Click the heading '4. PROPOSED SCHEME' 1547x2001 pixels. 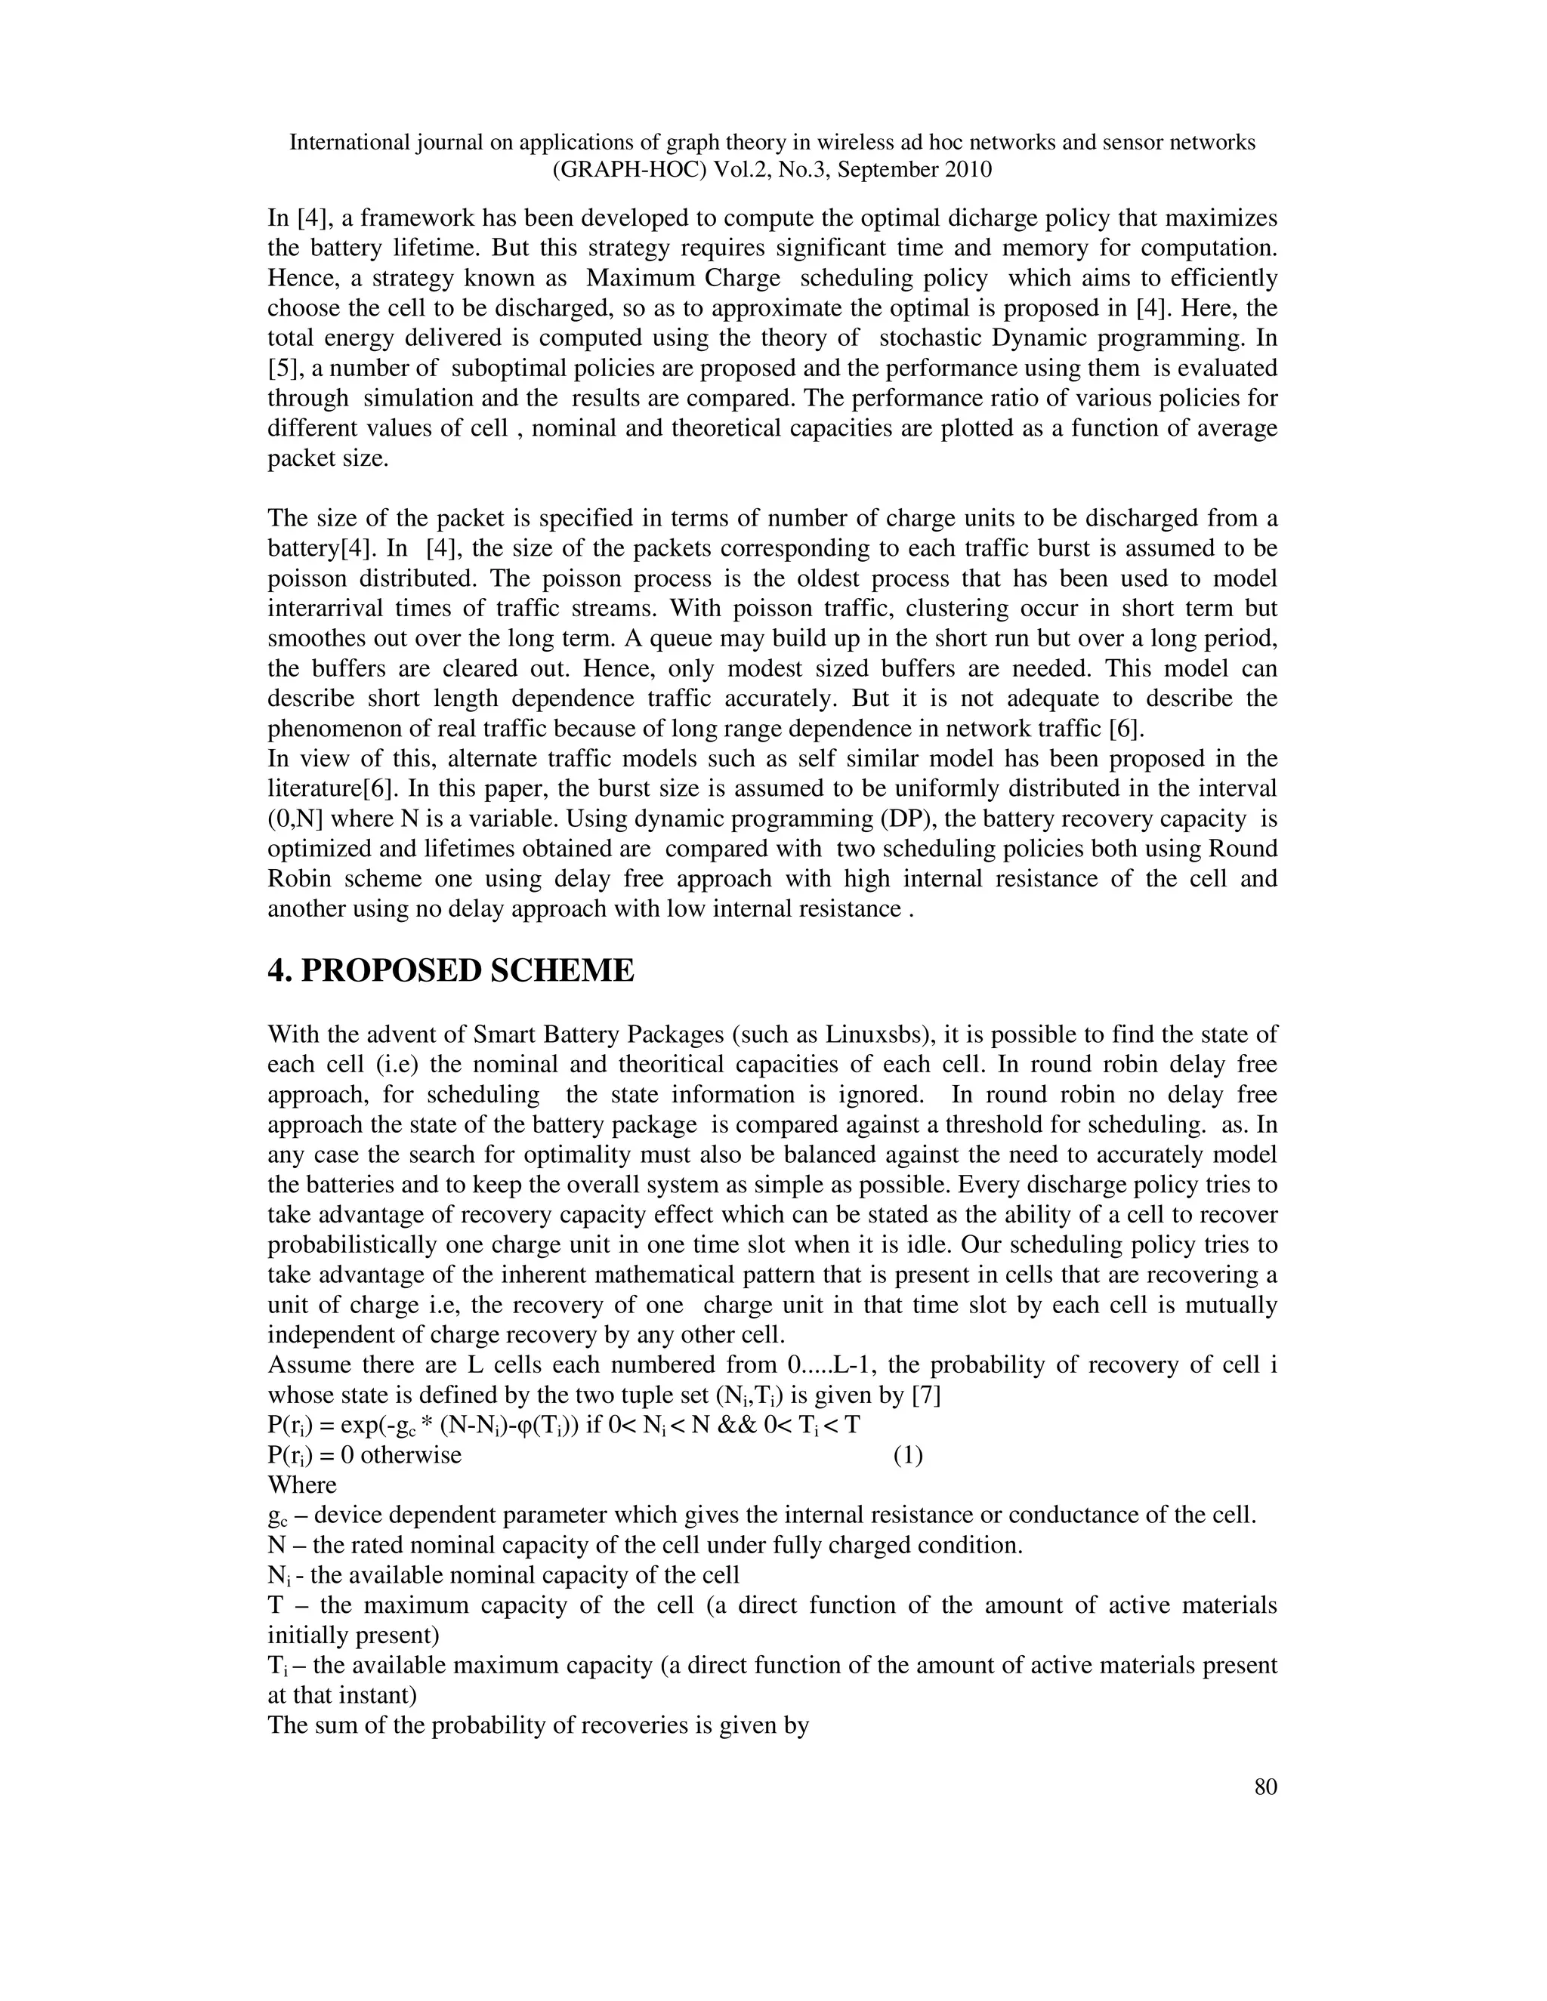(450, 970)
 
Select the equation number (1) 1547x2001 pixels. (907, 1455)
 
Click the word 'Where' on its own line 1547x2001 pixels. (301, 1485)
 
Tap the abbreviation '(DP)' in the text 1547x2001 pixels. (777, 819)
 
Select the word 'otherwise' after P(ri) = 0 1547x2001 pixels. (411, 1455)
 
